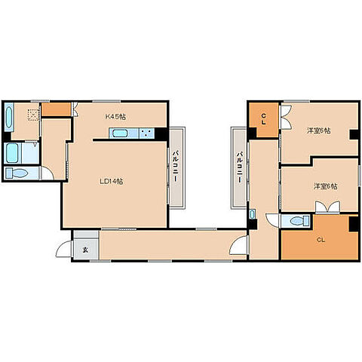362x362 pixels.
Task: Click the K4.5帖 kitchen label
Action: tap(115, 117)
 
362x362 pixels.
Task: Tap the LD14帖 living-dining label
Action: tap(112, 182)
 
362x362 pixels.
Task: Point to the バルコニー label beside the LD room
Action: tap(176, 166)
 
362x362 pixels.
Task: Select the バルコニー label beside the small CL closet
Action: tap(241, 167)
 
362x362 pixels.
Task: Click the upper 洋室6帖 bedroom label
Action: tap(319, 130)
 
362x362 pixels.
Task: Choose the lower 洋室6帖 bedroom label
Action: tap(326, 186)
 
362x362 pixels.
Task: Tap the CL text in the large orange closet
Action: tap(321, 240)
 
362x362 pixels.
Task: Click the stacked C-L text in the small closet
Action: tap(263, 119)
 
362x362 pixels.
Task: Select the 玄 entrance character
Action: tap(85, 250)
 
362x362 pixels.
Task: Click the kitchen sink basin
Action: tap(122, 133)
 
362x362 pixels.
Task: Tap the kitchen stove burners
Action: tap(147, 133)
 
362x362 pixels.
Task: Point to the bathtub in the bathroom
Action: tap(12, 153)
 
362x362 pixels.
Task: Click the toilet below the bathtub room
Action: tap(17, 173)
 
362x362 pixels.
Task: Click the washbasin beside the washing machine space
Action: tap(9, 117)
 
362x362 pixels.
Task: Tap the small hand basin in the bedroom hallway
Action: tap(252, 214)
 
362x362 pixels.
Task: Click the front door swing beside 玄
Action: tap(63, 249)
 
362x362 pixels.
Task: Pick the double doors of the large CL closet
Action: tap(327, 207)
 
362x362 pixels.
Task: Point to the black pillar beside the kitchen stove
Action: tap(161, 133)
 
